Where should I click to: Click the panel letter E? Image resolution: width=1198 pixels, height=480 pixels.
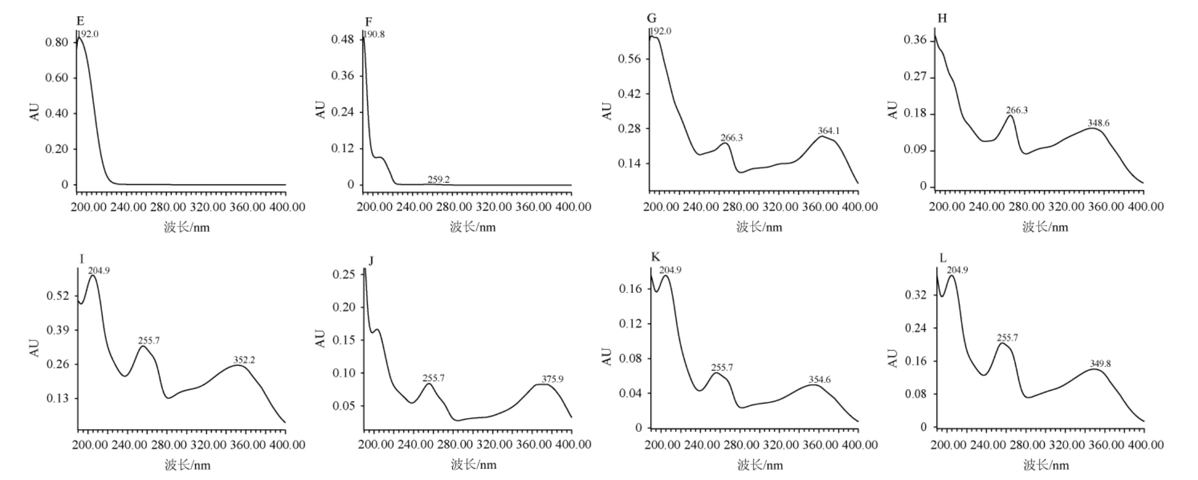pos(80,21)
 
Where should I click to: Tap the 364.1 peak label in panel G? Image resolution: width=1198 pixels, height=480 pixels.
pos(828,131)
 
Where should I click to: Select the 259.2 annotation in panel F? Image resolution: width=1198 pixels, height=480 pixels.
pos(438,180)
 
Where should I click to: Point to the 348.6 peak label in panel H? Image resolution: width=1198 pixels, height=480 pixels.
pos(1098,123)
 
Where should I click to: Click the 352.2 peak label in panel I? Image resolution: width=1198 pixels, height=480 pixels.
pos(244,360)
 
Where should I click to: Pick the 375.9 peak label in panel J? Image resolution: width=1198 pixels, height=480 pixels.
pos(552,379)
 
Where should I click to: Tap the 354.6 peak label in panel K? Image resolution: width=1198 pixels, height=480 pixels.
pos(820,380)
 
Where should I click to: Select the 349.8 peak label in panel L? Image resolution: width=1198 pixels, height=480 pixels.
pos(1100,363)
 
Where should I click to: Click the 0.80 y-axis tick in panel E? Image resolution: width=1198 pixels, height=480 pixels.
pos(57,42)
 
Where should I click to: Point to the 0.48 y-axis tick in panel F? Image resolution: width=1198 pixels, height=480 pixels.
pos(343,39)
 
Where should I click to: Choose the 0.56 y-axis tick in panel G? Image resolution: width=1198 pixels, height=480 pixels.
pos(629,59)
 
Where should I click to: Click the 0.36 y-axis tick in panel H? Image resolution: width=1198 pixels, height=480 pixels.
pos(915,41)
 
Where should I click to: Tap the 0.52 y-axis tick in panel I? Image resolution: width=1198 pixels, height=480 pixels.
pos(58,296)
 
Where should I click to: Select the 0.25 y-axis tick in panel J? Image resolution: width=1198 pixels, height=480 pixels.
pos(344,274)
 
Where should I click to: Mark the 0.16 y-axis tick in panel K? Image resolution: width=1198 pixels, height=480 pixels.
pos(630,289)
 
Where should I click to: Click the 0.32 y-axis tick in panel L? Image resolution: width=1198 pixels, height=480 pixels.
pos(916,295)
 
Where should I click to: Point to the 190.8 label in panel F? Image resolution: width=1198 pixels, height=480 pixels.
pos(374,34)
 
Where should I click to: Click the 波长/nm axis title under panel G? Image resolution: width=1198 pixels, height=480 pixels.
pos(759,227)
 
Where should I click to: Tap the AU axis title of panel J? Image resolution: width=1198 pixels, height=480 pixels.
pos(320,339)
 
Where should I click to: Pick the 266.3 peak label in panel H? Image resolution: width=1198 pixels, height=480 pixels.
pos(1016,110)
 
